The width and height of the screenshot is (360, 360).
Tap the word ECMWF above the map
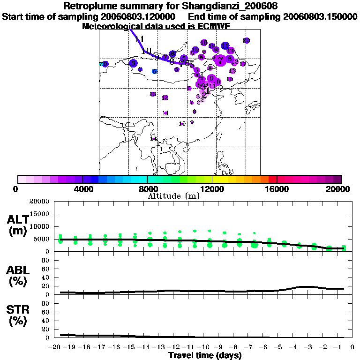point(211,26)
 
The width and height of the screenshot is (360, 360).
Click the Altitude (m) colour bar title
point(173,196)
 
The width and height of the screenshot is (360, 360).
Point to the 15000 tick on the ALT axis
point(39,214)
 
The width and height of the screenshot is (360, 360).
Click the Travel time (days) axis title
point(205,355)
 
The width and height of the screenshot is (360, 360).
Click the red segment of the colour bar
point(272,179)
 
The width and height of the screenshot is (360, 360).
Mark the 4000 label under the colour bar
point(82,189)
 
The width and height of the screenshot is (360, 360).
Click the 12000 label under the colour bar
point(212,189)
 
